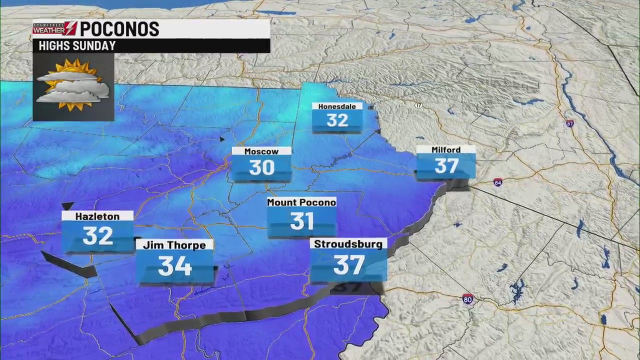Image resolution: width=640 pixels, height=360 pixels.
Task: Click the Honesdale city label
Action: pyautogui.click(x=337, y=106)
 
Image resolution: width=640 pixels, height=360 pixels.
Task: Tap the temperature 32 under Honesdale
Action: pyautogui.click(x=337, y=120)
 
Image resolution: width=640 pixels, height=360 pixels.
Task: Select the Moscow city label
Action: pyautogui.click(x=261, y=151)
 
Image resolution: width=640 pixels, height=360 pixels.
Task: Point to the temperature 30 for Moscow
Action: pyautogui.click(x=261, y=168)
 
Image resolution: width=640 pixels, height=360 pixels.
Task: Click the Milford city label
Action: pyautogui.click(x=446, y=150)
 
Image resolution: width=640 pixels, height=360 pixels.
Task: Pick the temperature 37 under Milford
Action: pyautogui.click(x=446, y=166)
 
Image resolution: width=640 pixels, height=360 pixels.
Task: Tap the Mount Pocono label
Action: pyautogui.click(x=301, y=202)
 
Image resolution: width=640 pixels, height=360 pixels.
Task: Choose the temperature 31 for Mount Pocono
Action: pyautogui.click(x=301, y=221)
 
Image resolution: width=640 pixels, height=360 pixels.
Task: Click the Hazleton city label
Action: pyautogui.click(x=97, y=216)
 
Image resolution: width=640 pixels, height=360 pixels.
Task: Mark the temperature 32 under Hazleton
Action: pyautogui.click(x=97, y=236)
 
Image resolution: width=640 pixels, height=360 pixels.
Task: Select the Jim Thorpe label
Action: pyautogui.click(x=174, y=245)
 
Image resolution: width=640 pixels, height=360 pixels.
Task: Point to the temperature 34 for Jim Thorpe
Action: pyautogui.click(x=174, y=266)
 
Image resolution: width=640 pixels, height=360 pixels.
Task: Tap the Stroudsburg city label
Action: pyautogui.click(x=348, y=244)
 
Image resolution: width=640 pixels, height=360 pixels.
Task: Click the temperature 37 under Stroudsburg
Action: pyautogui.click(x=348, y=265)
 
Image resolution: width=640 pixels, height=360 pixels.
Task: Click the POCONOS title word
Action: pyautogui.click(x=119, y=29)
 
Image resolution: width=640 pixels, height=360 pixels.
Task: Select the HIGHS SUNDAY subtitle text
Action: pyautogui.click(x=77, y=46)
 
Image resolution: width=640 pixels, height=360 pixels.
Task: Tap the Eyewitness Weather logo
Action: pyautogui.click(x=55, y=28)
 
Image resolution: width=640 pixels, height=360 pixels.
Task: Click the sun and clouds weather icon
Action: pyautogui.click(x=73, y=86)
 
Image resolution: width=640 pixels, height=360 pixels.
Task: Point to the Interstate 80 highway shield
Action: pyautogui.click(x=467, y=299)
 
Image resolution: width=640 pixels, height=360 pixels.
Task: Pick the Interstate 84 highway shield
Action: pyautogui.click(x=497, y=183)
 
